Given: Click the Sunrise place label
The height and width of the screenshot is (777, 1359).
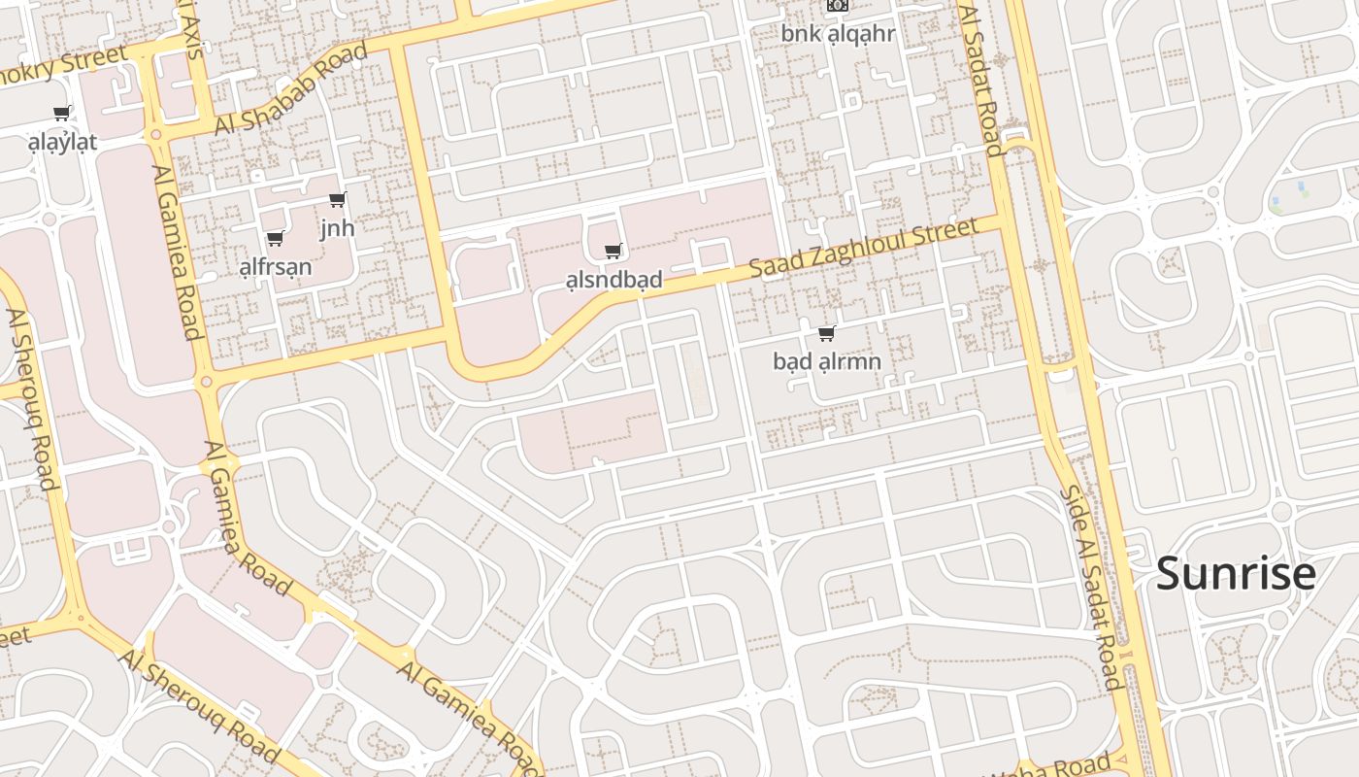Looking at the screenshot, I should coord(1235,573).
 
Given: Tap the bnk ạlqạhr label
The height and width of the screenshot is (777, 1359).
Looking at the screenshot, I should coord(838,34).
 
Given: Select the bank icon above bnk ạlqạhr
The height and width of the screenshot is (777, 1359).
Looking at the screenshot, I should coord(837,5).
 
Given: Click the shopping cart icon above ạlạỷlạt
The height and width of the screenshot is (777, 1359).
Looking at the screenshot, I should coord(62,114).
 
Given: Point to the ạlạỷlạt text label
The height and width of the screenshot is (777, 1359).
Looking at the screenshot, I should coord(62,143).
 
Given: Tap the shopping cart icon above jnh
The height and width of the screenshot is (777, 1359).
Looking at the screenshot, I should coord(338,200).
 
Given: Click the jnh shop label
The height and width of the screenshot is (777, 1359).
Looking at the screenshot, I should coord(338,228).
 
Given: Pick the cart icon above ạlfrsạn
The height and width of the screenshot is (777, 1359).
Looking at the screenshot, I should coord(276,238).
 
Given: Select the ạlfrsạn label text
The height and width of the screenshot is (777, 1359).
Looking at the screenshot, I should coord(276,267).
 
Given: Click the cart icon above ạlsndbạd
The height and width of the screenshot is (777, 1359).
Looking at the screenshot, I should coord(613,252).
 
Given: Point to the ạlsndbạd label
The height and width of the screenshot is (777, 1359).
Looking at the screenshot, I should coord(613,280).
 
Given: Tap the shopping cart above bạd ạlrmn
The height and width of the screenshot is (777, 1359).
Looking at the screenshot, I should coord(827,334).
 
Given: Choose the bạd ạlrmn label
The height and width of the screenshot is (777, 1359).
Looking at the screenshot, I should coord(827,362).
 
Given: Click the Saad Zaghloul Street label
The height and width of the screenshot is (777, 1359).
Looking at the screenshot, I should coord(863,250).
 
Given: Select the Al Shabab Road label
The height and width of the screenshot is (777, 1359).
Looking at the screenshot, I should coord(290,89).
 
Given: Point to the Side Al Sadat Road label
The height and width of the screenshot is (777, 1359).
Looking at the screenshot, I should coord(1089,587).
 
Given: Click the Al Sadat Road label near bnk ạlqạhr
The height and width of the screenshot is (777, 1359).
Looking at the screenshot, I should coord(980,80).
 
